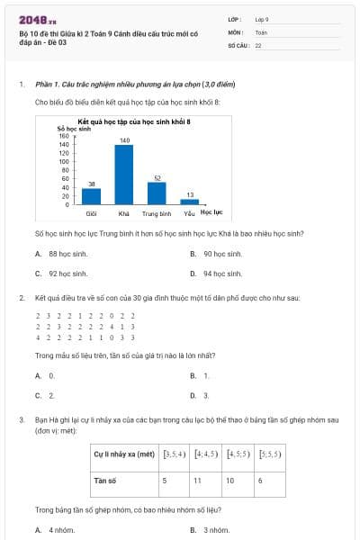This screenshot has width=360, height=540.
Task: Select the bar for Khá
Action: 124,174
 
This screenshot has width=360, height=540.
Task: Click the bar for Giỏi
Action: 91,195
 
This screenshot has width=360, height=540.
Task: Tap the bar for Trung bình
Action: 157,193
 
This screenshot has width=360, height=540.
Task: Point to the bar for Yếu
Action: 189,201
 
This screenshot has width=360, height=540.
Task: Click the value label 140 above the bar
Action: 124,140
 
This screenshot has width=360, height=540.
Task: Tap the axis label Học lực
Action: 211,211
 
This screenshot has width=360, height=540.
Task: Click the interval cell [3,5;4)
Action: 174,454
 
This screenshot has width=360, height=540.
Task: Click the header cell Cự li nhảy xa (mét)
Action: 124,454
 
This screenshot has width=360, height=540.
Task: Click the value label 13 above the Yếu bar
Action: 189,194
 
